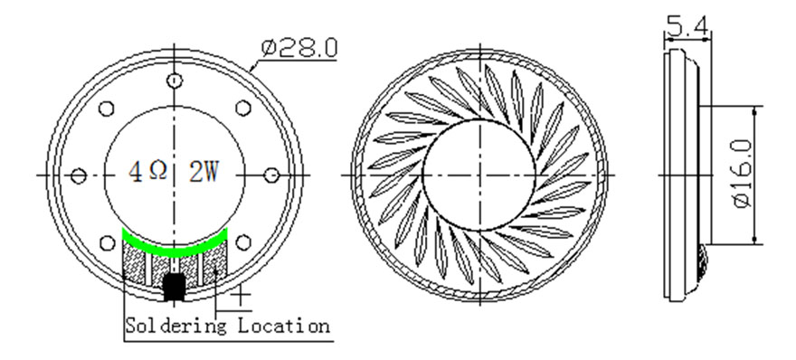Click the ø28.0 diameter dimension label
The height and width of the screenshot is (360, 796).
pyautogui.click(x=299, y=48)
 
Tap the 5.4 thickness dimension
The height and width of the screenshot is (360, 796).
pyautogui.click(x=687, y=25)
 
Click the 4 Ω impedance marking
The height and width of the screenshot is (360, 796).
pyautogui.click(x=147, y=172)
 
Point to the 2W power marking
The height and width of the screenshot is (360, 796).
pyautogui.click(x=204, y=172)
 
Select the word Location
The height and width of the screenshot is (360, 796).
pyautogui.click(x=284, y=325)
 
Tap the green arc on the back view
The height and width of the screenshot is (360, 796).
pyautogui.click(x=175, y=246)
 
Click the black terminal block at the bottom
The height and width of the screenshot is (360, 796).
pyautogui.click(x=174, y=288)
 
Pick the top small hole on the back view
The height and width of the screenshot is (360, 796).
pyautogui.click(x=175, y=81)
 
